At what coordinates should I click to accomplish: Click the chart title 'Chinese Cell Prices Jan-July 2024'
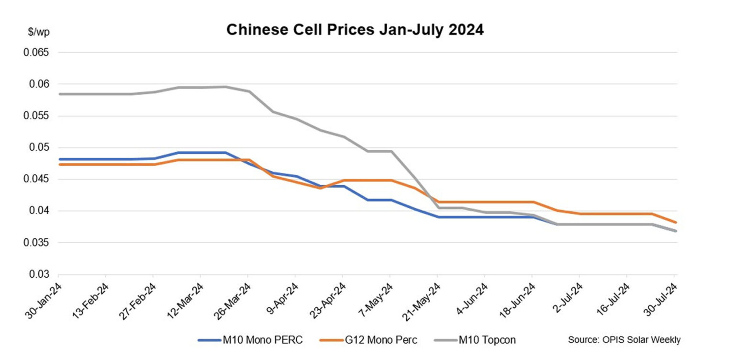coord(355,30)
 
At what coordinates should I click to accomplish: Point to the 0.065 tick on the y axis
coord(37,52)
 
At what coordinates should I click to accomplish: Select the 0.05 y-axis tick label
coord(39,147)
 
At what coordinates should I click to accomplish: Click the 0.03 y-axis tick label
coord(39,274)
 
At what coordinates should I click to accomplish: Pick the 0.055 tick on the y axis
coord(37,116)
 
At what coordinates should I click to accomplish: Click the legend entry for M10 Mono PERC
coord(250,340)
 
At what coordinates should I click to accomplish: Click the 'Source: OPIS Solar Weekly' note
coord(624,340)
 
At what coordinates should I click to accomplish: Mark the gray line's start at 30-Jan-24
coord(58,94)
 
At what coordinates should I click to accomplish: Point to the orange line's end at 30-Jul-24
coord(675,222)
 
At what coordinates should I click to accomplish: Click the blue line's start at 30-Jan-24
coord(58,159)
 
